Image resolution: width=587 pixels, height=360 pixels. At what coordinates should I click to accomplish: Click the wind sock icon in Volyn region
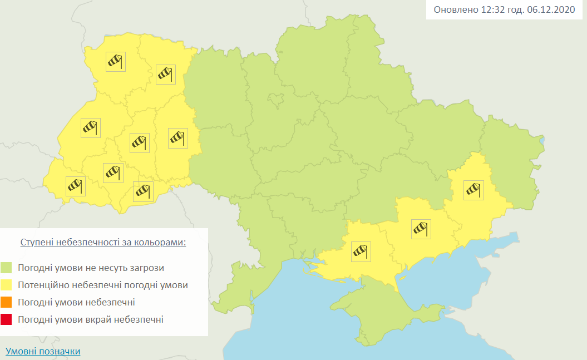pos(116,61)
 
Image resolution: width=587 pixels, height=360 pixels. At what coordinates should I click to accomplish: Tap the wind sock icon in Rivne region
pos(166,74)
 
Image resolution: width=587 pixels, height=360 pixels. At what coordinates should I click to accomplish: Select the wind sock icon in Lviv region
pos(90,128)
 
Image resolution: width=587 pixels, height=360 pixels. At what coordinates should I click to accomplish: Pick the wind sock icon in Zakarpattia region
pos(75,186)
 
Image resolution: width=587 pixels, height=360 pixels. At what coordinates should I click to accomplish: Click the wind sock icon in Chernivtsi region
pos(143,191)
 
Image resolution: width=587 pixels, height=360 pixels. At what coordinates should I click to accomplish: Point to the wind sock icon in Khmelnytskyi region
pos(177,138)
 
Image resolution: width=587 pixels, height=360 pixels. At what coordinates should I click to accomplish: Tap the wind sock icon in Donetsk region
pos(474,190)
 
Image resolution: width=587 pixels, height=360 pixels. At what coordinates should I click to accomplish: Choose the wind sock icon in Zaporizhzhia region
pos(421,229)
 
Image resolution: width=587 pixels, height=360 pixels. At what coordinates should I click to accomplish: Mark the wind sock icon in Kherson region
pos(361,251)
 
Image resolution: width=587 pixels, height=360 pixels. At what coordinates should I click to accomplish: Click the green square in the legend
pos(7,268)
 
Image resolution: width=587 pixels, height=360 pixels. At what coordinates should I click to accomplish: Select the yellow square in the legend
pos(7,285)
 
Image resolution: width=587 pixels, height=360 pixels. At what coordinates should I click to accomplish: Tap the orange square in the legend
pos(7,303)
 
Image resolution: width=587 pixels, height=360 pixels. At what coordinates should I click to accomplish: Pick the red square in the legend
pos(7,320)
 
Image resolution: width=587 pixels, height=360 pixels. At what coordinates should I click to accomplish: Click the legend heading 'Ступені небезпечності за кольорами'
pos(103,243)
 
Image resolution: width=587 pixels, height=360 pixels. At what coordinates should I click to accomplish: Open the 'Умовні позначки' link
pos(43,352)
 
